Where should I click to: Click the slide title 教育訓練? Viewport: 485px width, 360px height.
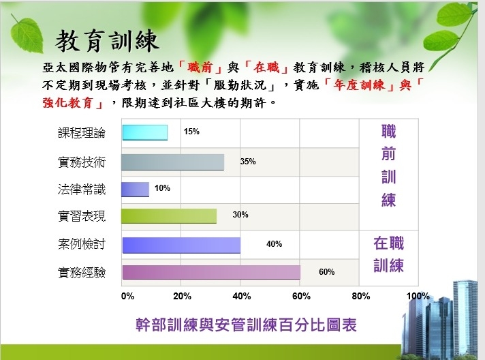point(107,41)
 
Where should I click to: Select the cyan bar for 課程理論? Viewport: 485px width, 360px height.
point(145,132)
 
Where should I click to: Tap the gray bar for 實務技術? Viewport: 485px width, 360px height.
point(172,162)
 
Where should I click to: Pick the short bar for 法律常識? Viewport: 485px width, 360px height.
point(135,190)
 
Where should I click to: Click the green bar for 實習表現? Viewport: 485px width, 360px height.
point(169,216)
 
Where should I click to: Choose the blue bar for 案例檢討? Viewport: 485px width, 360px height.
point(181,245)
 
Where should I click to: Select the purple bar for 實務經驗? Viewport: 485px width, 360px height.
point(211,272)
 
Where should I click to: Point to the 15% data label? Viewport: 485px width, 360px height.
point(191,132)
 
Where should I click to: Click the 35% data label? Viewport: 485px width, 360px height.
point(248,162)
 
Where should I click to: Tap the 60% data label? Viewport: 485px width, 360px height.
point(327,272)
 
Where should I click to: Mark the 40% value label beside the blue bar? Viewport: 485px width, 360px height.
point(274,244)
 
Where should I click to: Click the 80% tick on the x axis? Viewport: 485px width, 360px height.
point(361,296)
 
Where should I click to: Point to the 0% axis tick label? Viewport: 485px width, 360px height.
point(128,296)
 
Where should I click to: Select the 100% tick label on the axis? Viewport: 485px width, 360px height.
point(418,296)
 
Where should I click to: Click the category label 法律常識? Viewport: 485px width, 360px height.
point(82,189)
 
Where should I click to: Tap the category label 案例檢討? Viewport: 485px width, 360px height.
point(82,244)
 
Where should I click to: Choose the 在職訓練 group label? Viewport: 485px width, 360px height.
point(388,254)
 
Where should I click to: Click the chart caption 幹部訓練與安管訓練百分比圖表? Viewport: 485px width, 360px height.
point(246,325)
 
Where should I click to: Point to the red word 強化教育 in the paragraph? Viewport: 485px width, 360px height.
point(67,103)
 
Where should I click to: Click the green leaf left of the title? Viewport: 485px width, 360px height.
point(27,35)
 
